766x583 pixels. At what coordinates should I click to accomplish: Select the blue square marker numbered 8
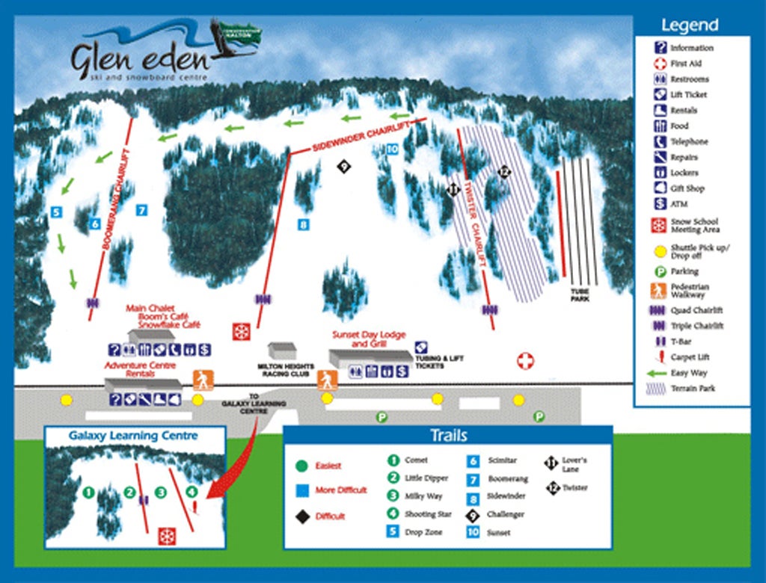[304, 223]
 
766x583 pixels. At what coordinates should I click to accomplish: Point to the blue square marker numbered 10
[392, 149]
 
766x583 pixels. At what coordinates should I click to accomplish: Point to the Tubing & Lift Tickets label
[440, 363]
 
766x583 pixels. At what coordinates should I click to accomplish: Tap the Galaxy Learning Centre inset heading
[133, 435]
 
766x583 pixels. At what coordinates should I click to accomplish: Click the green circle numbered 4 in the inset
[192, 492]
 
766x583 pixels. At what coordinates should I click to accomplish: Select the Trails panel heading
[448, 436]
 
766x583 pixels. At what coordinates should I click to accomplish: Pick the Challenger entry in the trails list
[505, 514]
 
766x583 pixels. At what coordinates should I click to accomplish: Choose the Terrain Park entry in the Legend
[692, 389]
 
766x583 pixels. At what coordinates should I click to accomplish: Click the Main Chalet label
[150, 307]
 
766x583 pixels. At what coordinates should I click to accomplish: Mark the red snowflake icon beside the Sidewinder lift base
[241, 331]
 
